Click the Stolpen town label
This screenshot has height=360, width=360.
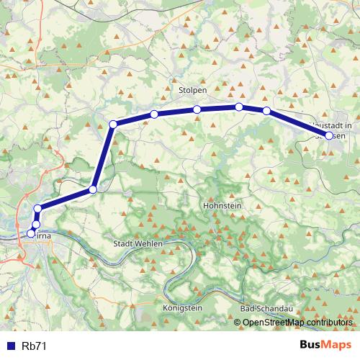pos(192,91)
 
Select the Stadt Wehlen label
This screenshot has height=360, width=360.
pos(139,244)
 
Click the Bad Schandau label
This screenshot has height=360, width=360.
pos(264,307)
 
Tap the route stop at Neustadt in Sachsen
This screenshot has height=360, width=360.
pos(329,135)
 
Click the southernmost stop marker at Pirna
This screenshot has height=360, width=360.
pos(30,233)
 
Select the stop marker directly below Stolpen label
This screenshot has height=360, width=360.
pos(197,109)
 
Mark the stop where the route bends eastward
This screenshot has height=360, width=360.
pos(113,125)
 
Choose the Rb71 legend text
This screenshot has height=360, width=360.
pos(35,346)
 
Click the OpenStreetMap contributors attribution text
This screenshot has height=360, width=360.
pos(297,322)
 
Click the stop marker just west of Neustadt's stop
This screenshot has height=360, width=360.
pos(266,111)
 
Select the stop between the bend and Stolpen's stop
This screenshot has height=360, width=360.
pos(154,114)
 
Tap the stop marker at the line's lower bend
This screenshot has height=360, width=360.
pos(92,189)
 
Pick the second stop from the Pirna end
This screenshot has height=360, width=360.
pos(35,225)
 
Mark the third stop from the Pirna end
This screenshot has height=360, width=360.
pos(37,210)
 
